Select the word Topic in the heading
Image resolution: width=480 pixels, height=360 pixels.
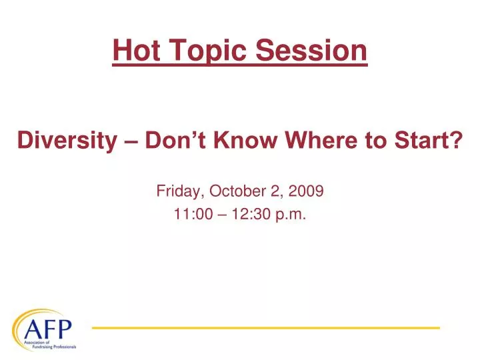[x=194, y=51]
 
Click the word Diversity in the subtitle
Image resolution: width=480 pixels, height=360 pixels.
[x=63, y=141]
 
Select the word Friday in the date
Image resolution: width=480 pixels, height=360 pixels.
[x=180, y=191]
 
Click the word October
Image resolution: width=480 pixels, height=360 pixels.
[x=236, y=191]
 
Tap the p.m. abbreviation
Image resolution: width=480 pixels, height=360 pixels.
[x=291, y=214]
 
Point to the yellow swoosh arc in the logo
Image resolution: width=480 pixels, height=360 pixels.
[x=27, y=317]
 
